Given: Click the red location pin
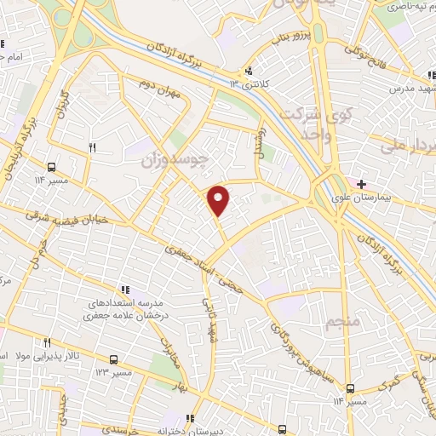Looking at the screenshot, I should tap(219, 200).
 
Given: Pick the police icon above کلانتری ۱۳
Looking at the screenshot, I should tap(249, 71).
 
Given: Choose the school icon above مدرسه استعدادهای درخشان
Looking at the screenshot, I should tap(124, 290).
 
